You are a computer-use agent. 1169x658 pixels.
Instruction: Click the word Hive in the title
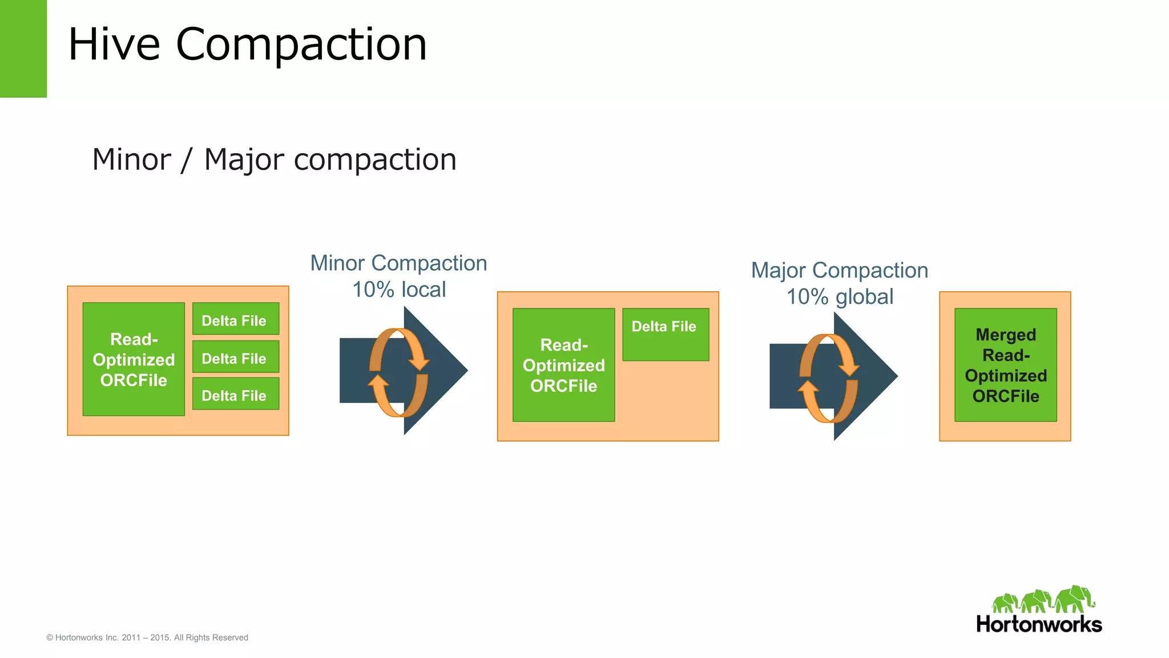point(114,45)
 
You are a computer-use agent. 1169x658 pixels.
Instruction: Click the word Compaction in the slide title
point(301,45)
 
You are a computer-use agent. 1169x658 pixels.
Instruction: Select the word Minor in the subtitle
point(131,159)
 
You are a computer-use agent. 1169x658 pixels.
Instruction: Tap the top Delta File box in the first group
point(235,319)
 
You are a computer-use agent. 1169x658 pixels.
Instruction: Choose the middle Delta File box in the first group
point(235,357)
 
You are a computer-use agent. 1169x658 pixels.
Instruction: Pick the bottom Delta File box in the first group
point(235,394)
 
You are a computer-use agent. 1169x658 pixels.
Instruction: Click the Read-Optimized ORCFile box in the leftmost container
point(134,359)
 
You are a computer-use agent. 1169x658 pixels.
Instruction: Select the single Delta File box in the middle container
point(665,334)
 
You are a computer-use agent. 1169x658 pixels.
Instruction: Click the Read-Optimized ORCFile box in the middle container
point(563,365)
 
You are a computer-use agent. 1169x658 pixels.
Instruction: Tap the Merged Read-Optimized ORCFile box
point(1005,365)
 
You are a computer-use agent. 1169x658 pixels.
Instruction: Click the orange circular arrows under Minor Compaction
point(398,372)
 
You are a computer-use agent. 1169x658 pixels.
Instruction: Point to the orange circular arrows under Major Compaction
point(828,378)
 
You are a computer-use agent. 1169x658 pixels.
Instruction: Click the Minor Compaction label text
point(398,263)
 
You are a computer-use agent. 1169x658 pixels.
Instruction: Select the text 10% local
point(398,290)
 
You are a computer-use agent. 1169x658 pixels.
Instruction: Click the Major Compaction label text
point(839,270)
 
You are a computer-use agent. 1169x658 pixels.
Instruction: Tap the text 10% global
point(839,297)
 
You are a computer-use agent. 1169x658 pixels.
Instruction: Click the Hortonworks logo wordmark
point(1039,624)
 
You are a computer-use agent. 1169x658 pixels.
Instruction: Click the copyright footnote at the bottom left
point(147,637)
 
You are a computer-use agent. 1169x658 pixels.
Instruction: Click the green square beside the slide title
point(23,49)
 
